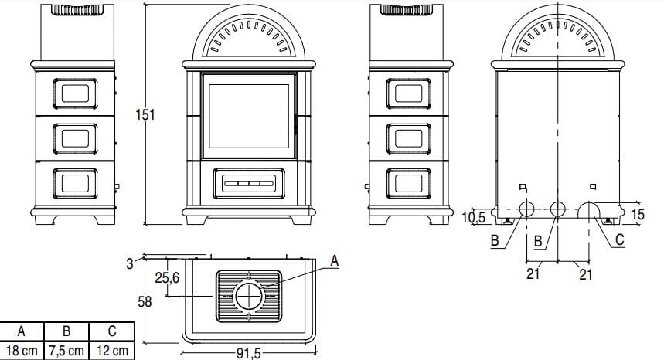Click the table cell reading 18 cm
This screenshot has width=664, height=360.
click(22, 351)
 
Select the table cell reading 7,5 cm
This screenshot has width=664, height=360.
click(67, 351)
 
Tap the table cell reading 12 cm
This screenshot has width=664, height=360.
click(112, 351)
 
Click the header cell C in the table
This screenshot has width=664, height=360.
click(112, 331)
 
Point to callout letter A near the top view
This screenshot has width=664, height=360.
click(334, 262)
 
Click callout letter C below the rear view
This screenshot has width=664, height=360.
click(620, 241)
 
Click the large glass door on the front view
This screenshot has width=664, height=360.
click(249, 117)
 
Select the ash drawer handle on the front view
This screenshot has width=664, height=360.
click(249, 185)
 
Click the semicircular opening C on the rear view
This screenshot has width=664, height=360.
click(591, 209)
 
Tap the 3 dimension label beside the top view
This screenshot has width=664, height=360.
click(129, 263)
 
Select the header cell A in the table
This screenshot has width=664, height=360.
click(22, 331)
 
